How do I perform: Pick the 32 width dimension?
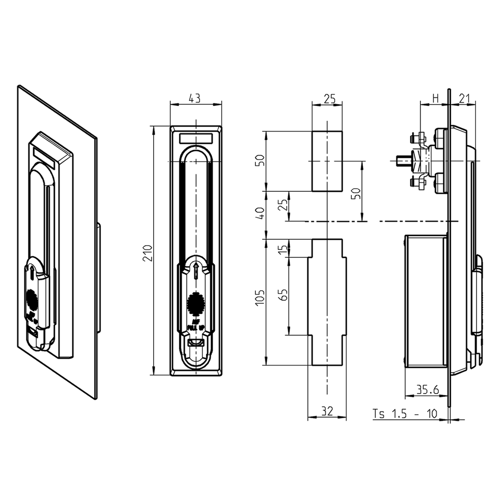tap(326, 412)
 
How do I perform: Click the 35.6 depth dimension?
tap(427, 390)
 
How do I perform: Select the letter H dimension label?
tap(435, 98)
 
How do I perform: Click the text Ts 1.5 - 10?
tap(405, 413)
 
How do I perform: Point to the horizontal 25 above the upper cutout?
tap(326, 98)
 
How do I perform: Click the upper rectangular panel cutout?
tap(327, 161)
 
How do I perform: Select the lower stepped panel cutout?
tap(327, 302)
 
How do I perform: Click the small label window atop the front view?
tap(196, 138)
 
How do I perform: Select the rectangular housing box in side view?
tap(426, 301)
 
